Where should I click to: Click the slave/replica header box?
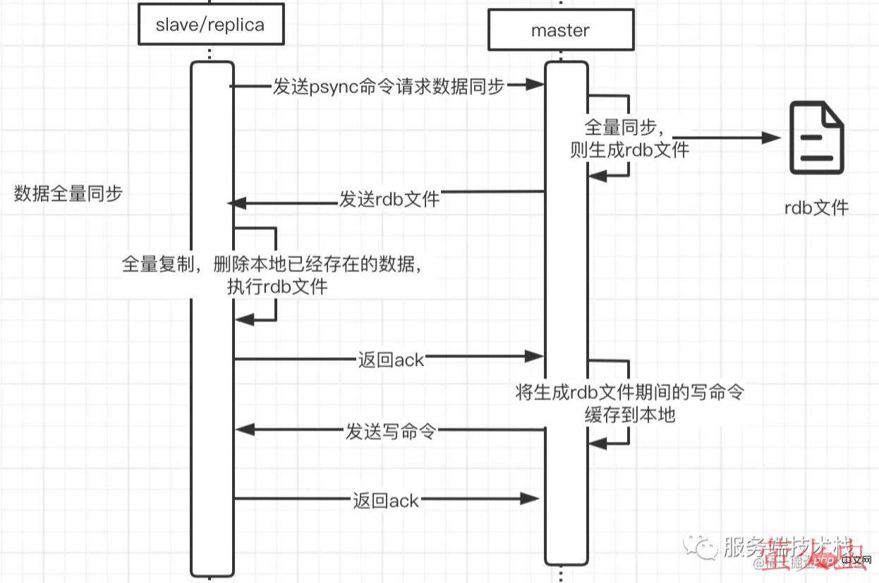point(210,25)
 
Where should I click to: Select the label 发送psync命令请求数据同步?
point(389,87)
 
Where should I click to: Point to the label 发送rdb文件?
point(389,199)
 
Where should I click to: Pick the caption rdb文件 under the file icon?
point(817,207)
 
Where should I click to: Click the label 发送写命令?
point(389,431)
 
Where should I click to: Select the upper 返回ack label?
point(391,360)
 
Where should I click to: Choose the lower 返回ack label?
point(386,501)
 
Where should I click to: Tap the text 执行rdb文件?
point(277,286)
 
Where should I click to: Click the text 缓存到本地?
point(630,415)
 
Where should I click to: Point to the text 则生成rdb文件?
point(629,150)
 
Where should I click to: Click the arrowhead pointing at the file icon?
point(774,138)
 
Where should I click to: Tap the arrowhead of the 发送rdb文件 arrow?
point(237,203)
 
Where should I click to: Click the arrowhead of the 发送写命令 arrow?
point(242,429)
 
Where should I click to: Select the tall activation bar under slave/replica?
point(212,317)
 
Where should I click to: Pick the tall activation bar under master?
point(566,317)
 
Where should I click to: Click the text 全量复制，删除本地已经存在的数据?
point(276,264)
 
